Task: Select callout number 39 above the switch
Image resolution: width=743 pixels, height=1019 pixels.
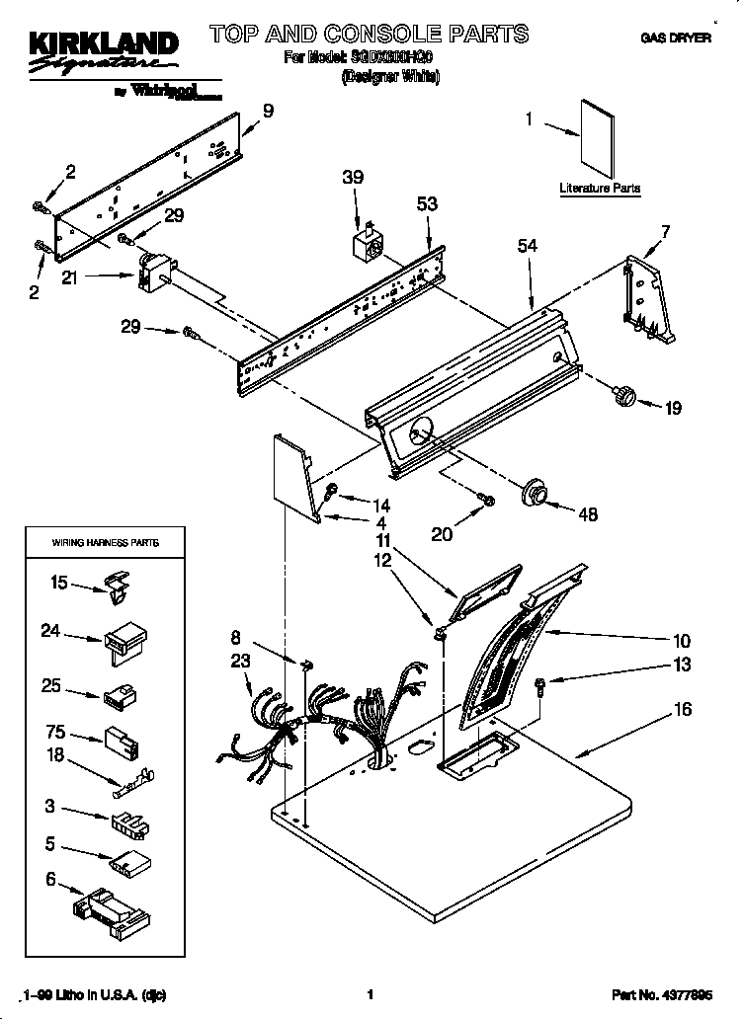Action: coord(353,178)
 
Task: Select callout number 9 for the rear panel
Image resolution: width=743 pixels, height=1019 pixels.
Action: coord(268,110)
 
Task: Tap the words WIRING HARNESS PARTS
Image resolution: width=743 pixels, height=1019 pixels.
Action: coord(105,543)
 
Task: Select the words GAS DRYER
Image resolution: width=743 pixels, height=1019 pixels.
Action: coord(676,39)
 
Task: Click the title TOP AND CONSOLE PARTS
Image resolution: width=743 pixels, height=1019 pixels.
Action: coord(368,35)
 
